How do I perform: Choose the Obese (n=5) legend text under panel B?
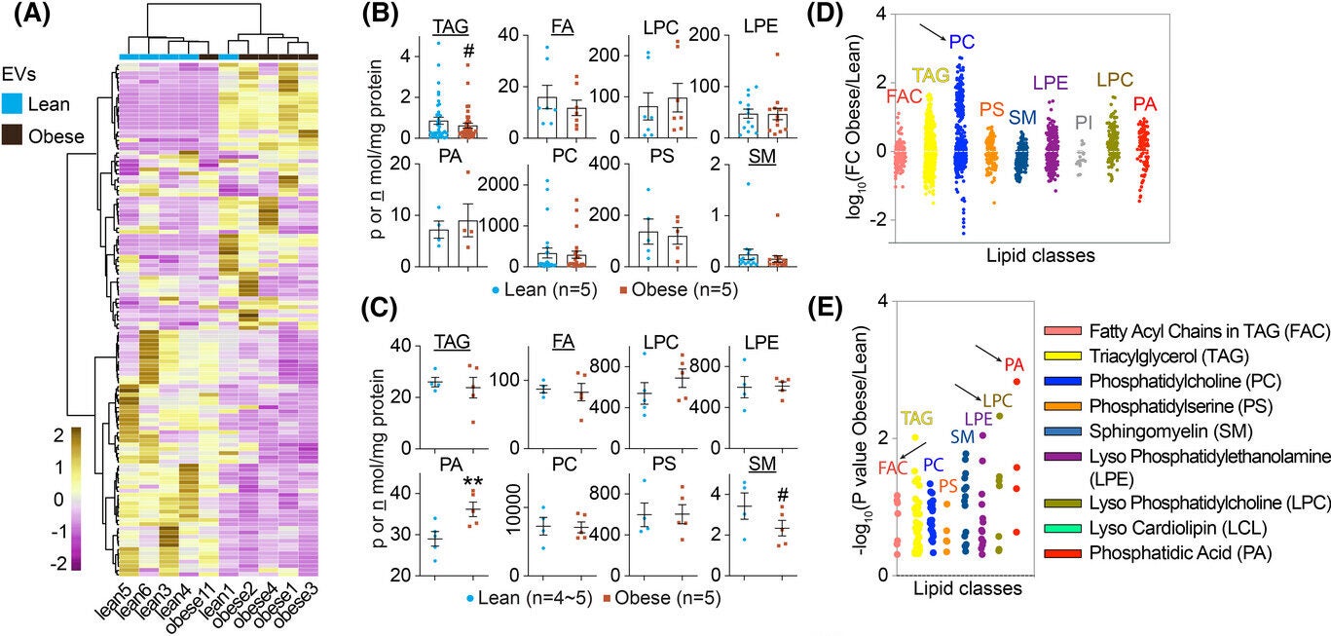click(x=676, y=291)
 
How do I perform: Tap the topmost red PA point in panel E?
click(x=1017, y=382)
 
